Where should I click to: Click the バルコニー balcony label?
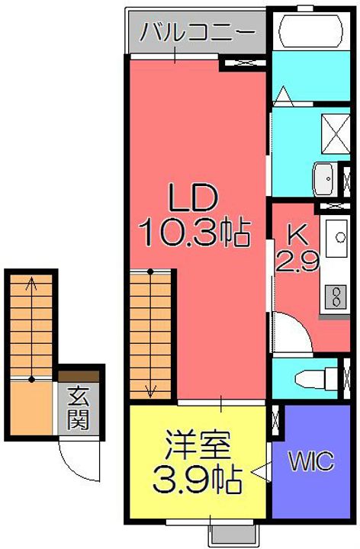click(x=197, y=32)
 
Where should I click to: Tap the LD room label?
click(x=193, y=197)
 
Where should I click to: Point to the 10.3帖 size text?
click(x=194, y=233)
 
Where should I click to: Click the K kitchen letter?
click(x=297, y=236)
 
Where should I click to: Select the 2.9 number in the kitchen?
click(x=297, y=262)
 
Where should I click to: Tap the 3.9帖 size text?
click(x=197, y=479)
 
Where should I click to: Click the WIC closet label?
click(x=311, y=461)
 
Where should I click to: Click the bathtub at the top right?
click(x=310, y=30)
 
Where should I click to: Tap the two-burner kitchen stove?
click(x=336, y=296)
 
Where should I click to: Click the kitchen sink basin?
click(x=337, y=238)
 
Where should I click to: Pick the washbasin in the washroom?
click(x=324, y=179)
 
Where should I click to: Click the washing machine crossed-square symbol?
click(x=336, y=133)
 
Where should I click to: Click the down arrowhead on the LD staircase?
click(x=150, y=391)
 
